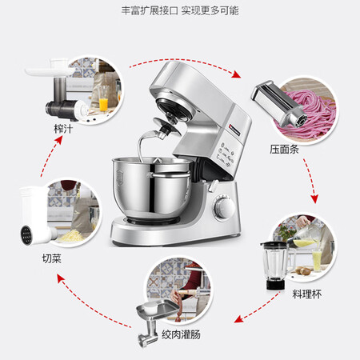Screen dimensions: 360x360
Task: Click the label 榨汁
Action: point(63,129)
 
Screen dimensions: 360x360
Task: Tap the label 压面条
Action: point(284,149)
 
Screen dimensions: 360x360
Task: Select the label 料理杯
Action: point(307,294)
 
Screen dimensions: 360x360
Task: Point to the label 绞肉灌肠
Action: point(181,334)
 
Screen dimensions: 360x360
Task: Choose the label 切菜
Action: point(52,258)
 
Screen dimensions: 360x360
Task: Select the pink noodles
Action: point(306,114)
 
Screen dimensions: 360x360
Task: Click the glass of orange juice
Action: point(103,102)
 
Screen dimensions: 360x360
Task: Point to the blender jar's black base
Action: point(275,284)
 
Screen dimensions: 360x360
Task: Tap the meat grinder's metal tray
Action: point(158,310)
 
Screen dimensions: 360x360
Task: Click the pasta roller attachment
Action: point(278,104)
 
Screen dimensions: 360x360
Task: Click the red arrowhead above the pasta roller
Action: point(236,74)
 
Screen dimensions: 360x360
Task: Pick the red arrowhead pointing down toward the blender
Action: point(314,198)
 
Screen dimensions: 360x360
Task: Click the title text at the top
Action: point(180,10)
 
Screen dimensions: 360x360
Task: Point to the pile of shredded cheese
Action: point(71,236)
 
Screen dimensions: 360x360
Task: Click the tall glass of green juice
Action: point(317,260)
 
